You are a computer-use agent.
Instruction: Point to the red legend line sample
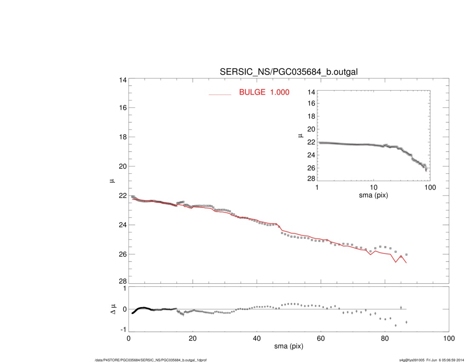[220, 94]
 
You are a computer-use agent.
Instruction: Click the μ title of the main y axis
[112, 181]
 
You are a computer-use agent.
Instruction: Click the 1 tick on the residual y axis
[124, 288]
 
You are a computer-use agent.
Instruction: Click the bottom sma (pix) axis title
[288, 347]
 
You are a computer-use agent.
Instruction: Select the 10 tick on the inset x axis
[374, 188]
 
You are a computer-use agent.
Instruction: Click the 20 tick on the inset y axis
[309, 129]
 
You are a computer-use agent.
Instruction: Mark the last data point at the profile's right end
[406, 254]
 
